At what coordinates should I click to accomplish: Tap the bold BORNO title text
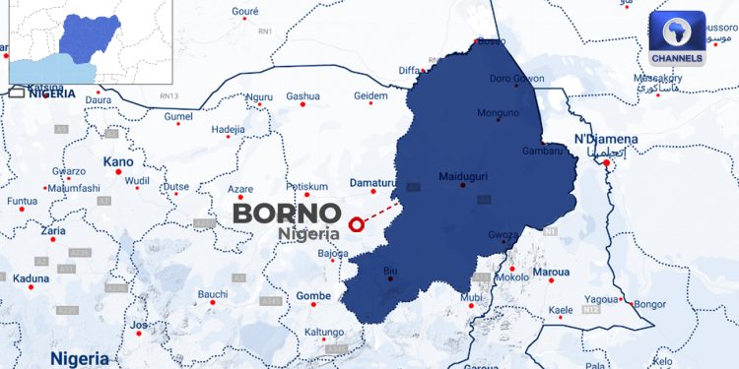coord(286,214)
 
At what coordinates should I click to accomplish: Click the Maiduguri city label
coord(463,177)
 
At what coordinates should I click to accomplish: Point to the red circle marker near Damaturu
coord(357,223)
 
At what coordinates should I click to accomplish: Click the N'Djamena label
coord(605,139)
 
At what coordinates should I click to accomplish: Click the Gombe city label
coord(313,295)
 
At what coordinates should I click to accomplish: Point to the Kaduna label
coord(31,278)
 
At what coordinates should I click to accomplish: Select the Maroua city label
coord(551,271)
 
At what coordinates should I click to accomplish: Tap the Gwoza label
coord(503,234)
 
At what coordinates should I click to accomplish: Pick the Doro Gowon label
coord(516,78)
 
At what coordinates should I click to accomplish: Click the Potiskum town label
coord(305,186)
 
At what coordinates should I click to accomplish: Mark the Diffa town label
coord(409,71)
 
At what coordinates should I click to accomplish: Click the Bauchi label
coord(213,293)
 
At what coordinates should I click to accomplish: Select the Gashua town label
coord(302,95)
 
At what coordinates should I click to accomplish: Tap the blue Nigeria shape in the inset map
coord(89,34)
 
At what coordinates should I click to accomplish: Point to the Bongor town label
coord(649,304)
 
